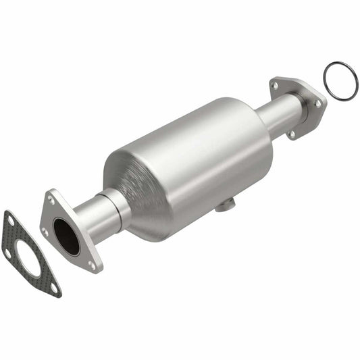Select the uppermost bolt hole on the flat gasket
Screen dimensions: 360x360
tap(9, 217)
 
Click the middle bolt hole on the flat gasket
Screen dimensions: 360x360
tap(9, 253)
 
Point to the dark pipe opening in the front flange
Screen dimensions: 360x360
tap(66, 236)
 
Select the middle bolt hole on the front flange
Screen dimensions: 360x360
tap(45, 231)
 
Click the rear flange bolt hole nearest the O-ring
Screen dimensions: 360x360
tap(317, 103)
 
